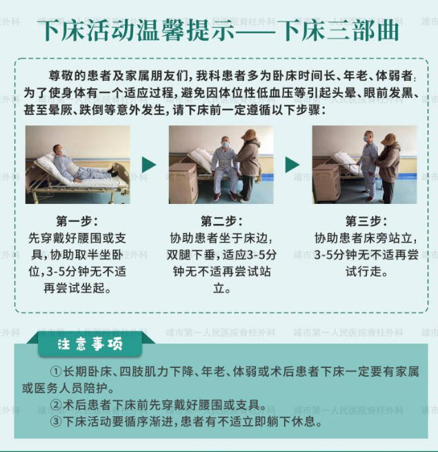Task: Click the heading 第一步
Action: [74, 221]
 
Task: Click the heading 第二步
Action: [219, 221]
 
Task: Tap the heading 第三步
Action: [364, 221]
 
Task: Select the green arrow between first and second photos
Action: [149, 165]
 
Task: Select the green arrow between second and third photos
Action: [292, 165]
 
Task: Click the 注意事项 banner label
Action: [90, 345]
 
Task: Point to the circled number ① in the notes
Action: [56, 371]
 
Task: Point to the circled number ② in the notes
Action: [56, 405]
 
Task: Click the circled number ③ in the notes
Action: [56, 422]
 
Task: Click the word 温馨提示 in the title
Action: [186, 30]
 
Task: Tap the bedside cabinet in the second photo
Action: [183, 183]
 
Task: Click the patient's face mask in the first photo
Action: [63, 151]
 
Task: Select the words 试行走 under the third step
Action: [364, 271]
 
